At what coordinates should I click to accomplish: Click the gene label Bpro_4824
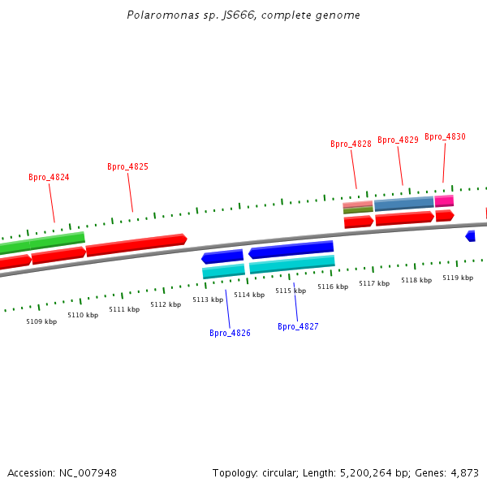(x=49, y=177)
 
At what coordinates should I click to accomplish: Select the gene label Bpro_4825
(x=127, y=166)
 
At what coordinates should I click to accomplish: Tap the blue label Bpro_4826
(x=230, y=333)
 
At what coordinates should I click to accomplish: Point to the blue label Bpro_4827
(x=298, y=326)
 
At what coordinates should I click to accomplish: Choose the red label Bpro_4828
(x=351, y=144)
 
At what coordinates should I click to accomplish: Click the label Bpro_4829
(x=398, y=140)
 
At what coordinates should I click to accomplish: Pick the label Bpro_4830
(x=445, y=136)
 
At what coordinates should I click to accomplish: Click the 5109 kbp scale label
(x=41, y=321)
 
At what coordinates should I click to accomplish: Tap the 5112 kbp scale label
(x=166, y=304)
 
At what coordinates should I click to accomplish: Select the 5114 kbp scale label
(x=249, y=295)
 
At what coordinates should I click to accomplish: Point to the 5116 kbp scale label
(x=333, y=287)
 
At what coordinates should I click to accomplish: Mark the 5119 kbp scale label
(x=458, y=278)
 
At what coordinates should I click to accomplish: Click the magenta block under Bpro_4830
(x=444, y=201)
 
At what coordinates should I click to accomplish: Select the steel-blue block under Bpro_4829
(x=403, y=204)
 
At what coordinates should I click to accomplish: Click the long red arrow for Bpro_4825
(x=136, y=245)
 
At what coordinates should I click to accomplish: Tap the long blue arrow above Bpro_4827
(x=291, y=249)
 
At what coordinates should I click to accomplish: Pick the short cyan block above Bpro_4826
(x=223, y=271)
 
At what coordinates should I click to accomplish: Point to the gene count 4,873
(x=464, y=472)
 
